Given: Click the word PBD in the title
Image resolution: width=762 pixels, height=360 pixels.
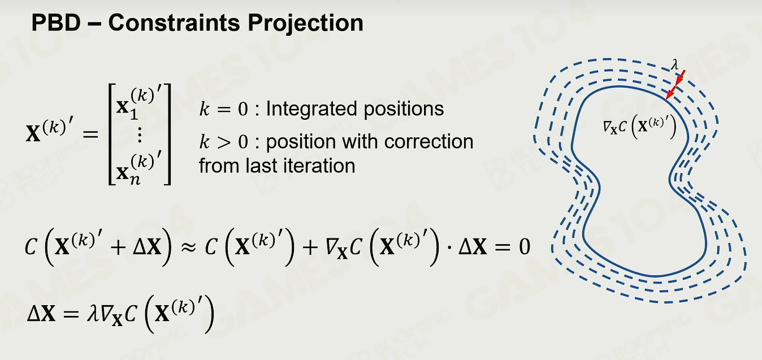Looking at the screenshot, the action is (x=56, y=23).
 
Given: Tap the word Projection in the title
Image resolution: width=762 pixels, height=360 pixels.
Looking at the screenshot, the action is (x=305, y=24).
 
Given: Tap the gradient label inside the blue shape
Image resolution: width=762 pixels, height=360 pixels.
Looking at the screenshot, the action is (x=639, y=127).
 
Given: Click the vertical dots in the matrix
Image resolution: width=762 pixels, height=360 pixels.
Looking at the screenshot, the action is (x=140, y=135).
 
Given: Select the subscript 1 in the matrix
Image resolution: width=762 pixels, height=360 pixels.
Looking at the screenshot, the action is (x=134, y=115).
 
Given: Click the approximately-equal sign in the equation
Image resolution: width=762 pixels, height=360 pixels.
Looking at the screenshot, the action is (x=188, y=247).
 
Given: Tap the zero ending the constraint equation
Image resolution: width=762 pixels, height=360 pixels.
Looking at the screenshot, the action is (x=524, y=247).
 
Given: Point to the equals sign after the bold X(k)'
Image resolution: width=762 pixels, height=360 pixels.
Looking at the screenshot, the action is (x=90, y=135).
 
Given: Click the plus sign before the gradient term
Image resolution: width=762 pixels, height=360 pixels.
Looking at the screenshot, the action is (x=310, y=248).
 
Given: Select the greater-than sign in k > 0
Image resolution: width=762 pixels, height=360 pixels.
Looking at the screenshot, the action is (x=223, y=142).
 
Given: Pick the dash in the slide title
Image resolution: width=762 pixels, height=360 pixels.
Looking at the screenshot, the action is (x=94, y=24).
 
